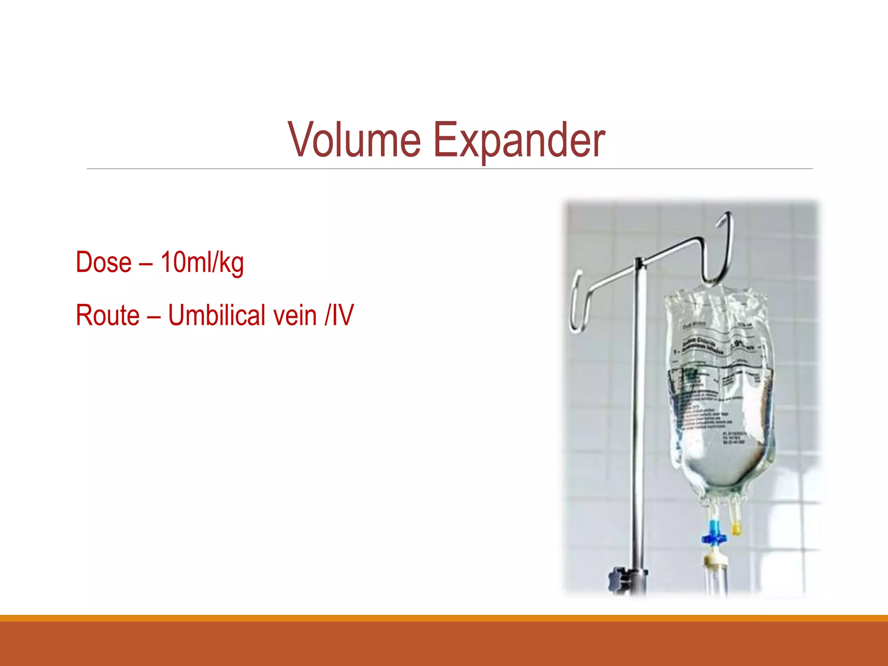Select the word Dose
click(104, 262)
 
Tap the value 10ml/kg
click(202, 263)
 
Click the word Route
click(108, 315)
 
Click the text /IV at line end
click(340, 315)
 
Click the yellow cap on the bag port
click(736, 528)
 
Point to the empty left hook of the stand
click(578, 304)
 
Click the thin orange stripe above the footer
click(444, 618)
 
